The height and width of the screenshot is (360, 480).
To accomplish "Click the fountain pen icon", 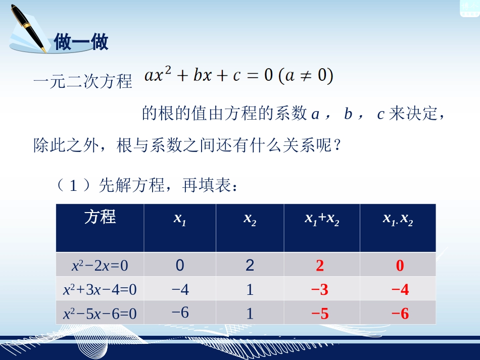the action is [28, 28].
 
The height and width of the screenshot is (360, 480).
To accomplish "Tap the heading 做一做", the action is [81, 42].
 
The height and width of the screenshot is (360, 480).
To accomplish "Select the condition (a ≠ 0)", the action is [306, 76].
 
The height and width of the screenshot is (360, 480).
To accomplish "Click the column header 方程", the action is [100, 217].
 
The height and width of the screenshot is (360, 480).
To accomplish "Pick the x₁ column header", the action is [180, 219].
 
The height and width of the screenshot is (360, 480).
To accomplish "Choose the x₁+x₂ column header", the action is [322, 219].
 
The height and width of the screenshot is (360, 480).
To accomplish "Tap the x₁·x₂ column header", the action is [398, 219].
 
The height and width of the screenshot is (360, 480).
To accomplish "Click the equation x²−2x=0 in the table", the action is [100, 265].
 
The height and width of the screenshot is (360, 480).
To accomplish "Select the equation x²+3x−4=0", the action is [100, 289].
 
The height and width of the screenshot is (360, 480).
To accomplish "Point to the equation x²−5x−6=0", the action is [100, 314].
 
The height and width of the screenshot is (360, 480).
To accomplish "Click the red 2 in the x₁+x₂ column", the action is [320, 265].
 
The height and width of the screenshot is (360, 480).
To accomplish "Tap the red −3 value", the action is [320, 289].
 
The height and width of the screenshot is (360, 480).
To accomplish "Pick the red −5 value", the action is [320, 314].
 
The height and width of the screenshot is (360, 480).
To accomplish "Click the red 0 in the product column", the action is [400, 265].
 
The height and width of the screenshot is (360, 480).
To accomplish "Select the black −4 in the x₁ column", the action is [180, 289].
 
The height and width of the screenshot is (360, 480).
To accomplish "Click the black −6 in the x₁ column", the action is [180, 313].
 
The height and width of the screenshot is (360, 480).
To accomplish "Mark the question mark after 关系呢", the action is [338, 144].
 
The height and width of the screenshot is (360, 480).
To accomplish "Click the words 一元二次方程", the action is [83, 81].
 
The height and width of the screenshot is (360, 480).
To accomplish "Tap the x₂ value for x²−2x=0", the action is [250, 265].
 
